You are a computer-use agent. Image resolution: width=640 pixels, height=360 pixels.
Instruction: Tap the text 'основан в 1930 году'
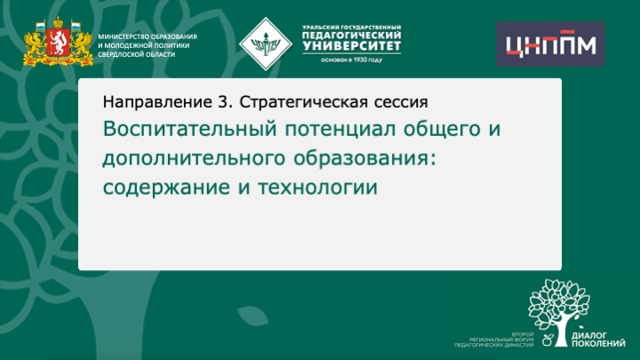[345, 60]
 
